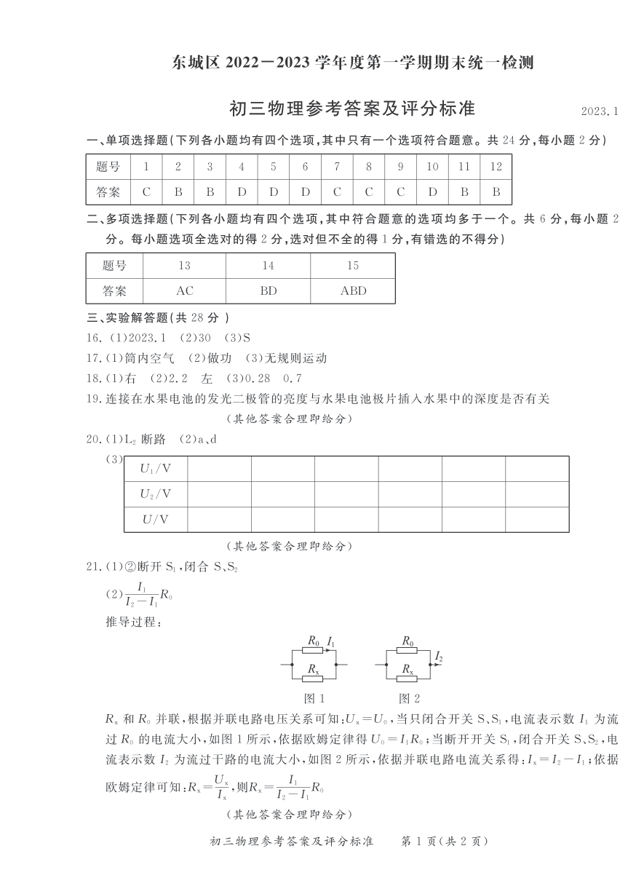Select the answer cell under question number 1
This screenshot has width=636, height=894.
click(x=146, y=192)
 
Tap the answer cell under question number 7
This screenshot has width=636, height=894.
click(x=337, y=192)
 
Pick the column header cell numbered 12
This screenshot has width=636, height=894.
click(x=496, y=167)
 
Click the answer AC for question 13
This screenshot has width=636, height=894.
click(x=185, y=290)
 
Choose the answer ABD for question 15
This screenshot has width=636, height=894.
click(x=353, y=290)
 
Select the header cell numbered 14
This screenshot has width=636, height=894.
click(x=269, y=266)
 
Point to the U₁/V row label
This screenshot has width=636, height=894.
click(x=156, y=468)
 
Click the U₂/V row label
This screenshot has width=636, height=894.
click(x=156, y=494)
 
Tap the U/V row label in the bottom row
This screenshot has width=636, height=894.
click(x=156, y=519)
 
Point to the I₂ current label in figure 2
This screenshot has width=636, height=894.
click(x=438, y=657)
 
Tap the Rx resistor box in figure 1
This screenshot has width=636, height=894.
click(x=313, y=678)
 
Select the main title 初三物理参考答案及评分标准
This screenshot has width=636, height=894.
click(x=351, y=108)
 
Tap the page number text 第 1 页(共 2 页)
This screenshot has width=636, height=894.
click(x=444, y=861)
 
